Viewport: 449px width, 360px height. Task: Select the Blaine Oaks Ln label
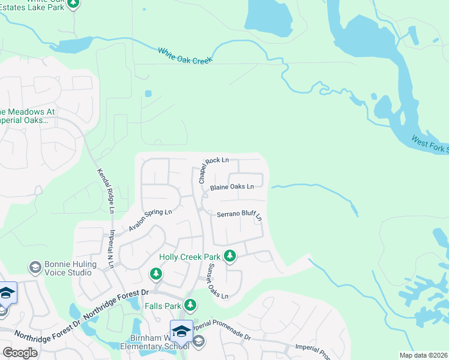coord(232,187)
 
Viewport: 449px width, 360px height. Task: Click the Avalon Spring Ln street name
coord(150,220)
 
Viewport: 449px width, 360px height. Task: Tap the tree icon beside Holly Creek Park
coord(229,256)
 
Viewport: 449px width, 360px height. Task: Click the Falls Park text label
coord(163,305)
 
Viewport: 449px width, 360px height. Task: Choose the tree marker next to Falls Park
coord(190,305)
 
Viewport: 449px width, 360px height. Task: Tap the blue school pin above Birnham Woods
coord(181,331)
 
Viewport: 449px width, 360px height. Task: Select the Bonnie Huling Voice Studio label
coord(68,268)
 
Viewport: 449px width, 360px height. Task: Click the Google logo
coord(20,353)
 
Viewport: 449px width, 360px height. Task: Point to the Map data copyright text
coord(424,355)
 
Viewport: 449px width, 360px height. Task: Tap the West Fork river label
coord(430,144)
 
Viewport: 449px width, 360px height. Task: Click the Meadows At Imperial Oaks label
coord(28,116)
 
